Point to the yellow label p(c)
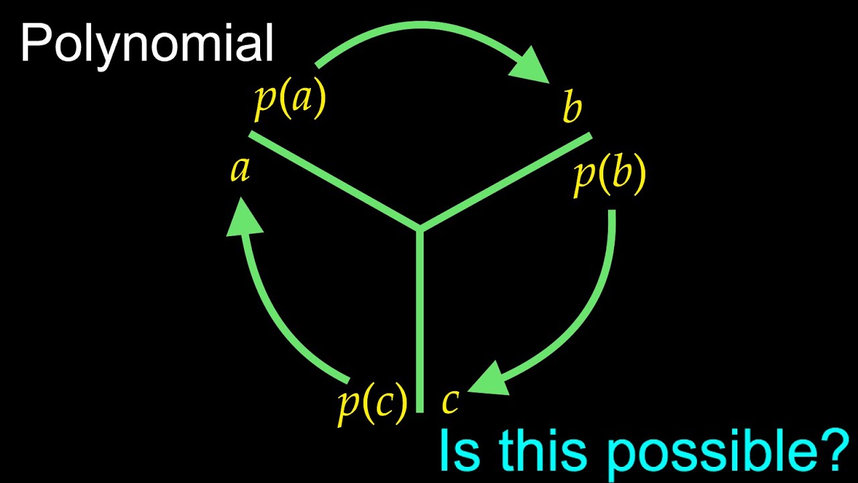372,404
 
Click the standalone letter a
240,169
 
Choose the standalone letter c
450,400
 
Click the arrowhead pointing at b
533,67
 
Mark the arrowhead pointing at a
243,218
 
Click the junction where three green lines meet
420,228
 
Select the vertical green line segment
420,322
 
